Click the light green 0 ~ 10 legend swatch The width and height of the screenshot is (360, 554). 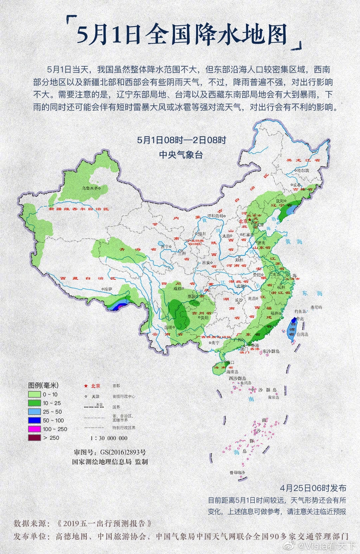pos(35,394)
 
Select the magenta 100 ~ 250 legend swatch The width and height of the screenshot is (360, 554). pos(35,429)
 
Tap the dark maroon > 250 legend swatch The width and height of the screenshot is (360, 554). pos(35,438)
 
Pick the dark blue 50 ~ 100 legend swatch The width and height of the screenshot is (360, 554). pos(35,420)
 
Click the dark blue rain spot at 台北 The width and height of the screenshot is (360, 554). pos(294,319)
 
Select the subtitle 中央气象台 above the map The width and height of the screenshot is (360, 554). pos(180,155)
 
